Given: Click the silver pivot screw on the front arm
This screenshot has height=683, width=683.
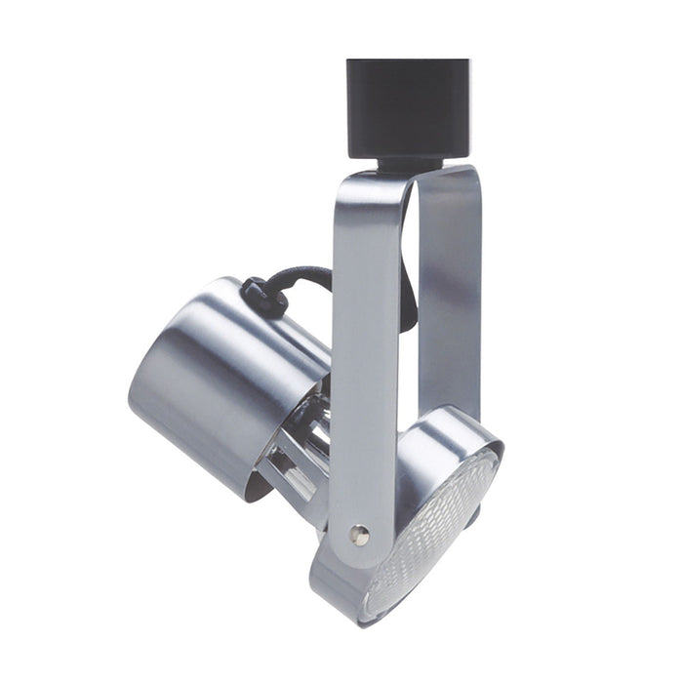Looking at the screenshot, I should click(359, 534).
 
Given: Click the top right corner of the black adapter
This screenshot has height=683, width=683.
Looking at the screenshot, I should click(465, 64).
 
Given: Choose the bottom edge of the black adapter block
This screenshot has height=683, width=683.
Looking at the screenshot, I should click(408, 154).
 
